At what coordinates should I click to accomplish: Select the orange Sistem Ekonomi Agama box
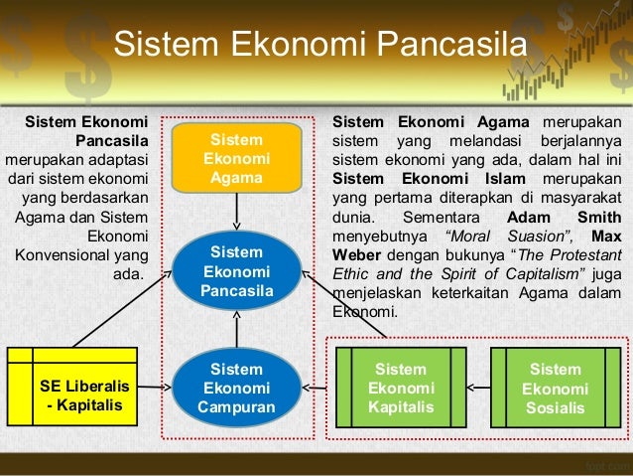[x=236, y=158]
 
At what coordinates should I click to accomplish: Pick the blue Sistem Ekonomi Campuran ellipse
[x=236, y=388]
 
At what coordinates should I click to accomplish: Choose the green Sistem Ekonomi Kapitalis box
[x=401, y=388]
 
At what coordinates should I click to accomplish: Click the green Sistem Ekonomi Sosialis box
[x=556, y=388]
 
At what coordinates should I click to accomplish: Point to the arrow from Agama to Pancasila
[x=236, y=211]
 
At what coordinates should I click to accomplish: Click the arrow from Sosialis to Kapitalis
[x=478, y=386]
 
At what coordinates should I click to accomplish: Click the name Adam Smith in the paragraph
[x=564, y=218]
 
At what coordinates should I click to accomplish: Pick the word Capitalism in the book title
[x=545, y=274]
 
